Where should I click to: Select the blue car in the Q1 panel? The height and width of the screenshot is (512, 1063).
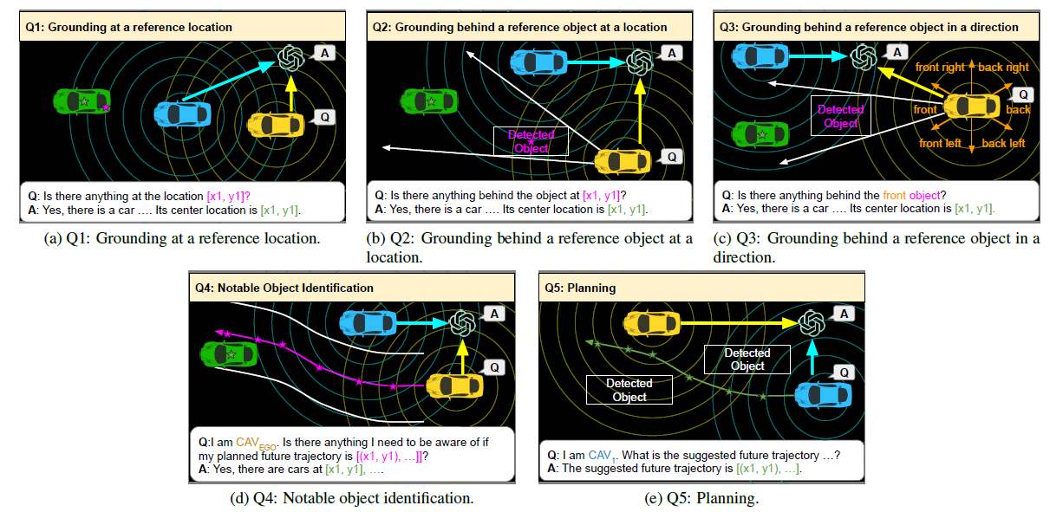pyautogui.click(x=184, y=113)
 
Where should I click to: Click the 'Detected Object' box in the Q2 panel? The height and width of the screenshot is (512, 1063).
pyautogui.click(x=531, y=141)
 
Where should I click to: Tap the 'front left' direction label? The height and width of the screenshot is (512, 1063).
pyautogui.click(x=939, y=144)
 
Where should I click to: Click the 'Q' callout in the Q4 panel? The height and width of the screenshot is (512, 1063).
pyautogui.click(x=494, y=367)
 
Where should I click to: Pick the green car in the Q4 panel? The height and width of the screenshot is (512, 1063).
pyautogui.click(x=229, y=354)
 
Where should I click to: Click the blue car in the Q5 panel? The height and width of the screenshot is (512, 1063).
pyautogui.click(x=822, y=393)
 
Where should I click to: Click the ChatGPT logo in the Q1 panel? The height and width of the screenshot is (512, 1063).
pyautogui.click(x=292, y=58)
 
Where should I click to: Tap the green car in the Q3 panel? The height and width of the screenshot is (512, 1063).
pyautogui.click(x=760, y=134)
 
